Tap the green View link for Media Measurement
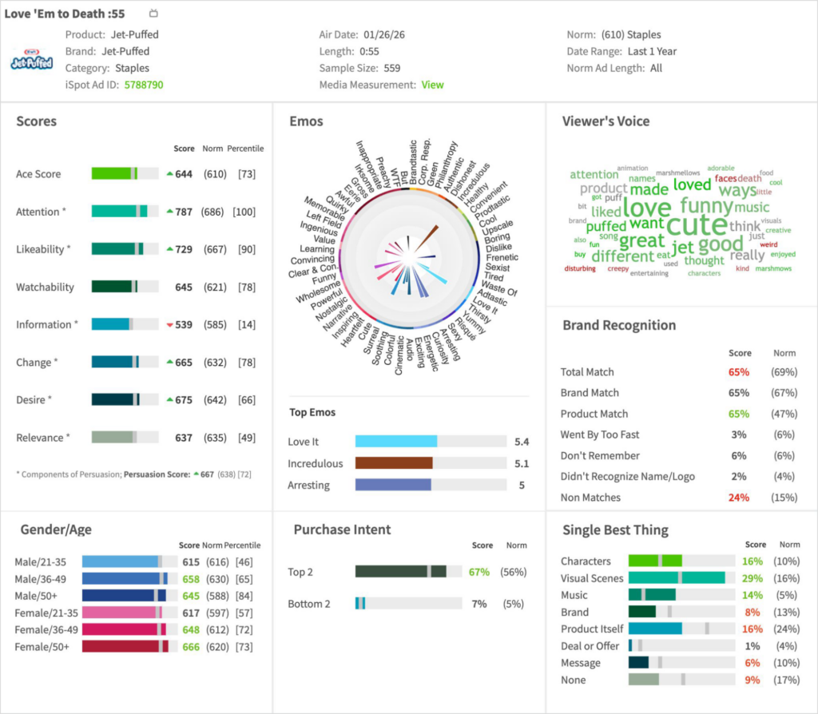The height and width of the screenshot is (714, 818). click(432, 85)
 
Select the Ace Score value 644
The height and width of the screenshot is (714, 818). click(184, 174)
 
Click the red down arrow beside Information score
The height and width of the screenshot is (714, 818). click(169, 325)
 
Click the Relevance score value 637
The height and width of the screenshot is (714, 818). click(184, 438)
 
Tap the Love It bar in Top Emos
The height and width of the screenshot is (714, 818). click(396, 442)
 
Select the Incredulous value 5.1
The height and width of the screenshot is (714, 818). click(522, 463)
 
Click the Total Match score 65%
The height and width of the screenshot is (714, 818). click(739, 372)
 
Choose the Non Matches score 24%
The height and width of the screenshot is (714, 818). click(739, 498)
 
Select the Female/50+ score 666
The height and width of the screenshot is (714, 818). click(190, 647)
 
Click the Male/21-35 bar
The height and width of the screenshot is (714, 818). click(121, 561)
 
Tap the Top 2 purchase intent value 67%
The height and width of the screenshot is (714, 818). click(479, 572)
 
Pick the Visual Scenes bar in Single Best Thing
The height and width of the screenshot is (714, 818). click(677, 578)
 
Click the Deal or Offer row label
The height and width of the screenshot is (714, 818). click(590, 646)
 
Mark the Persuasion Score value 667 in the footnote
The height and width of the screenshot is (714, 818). click(207, 474)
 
